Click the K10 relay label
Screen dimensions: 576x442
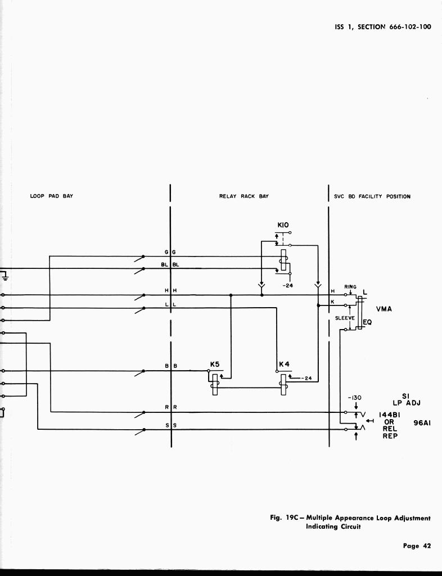coord(283,225)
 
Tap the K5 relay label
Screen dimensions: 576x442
coord(215,364)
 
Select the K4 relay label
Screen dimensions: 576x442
coord(284,364)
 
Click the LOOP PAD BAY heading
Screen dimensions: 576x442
coord(52,196)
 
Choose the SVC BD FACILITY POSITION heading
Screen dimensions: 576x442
coord(372,196)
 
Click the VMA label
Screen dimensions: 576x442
coord(384,309)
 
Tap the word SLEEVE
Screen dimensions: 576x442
coord(344,318)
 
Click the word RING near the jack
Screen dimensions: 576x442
coord(350,287)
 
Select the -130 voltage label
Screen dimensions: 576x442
coord(355,397)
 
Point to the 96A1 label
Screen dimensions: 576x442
coord(422,424)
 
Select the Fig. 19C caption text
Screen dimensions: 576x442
coord(350,522)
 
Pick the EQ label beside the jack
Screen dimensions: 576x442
coord(367,322)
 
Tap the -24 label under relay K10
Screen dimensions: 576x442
coord(288,285)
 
